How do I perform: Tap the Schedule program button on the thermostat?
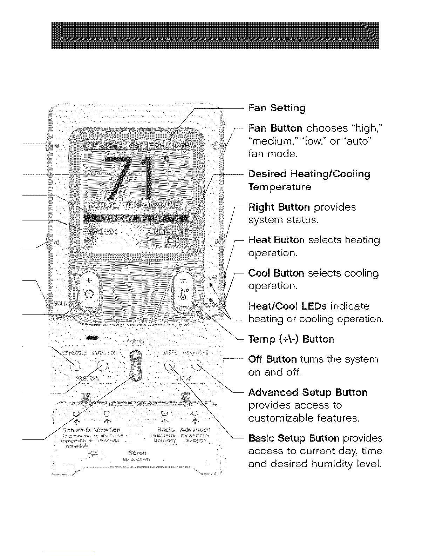click(x=75, y=366)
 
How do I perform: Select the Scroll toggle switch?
click(x=136, y=365)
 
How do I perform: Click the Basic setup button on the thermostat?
click(x=169, y=366)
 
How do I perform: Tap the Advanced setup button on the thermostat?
click(x=197, y=366)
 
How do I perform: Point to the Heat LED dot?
click(x=211, y=285)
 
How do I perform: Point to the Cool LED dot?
click(x=211, y=300)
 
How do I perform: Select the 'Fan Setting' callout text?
click(x=277, y=108)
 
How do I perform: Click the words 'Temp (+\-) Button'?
click(x=291, y=339)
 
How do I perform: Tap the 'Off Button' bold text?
click(x=272, y=359)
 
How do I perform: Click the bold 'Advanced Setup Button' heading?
click(x=307, y=392)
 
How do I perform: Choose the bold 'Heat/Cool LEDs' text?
click(x=287, y=306)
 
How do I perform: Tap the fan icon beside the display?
click(x=215, y=146)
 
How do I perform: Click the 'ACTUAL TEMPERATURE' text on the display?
click(x=134, y=205)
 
